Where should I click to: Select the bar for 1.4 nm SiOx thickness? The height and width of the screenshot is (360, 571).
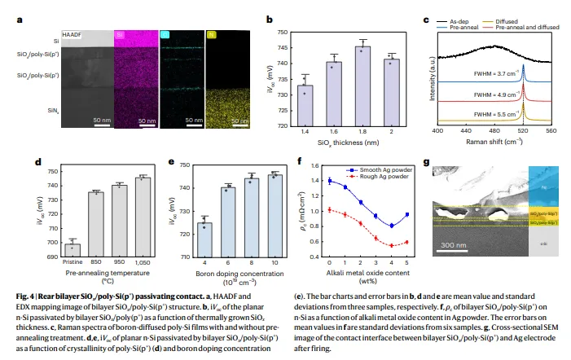306,105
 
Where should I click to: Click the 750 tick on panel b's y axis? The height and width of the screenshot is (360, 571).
280,33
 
